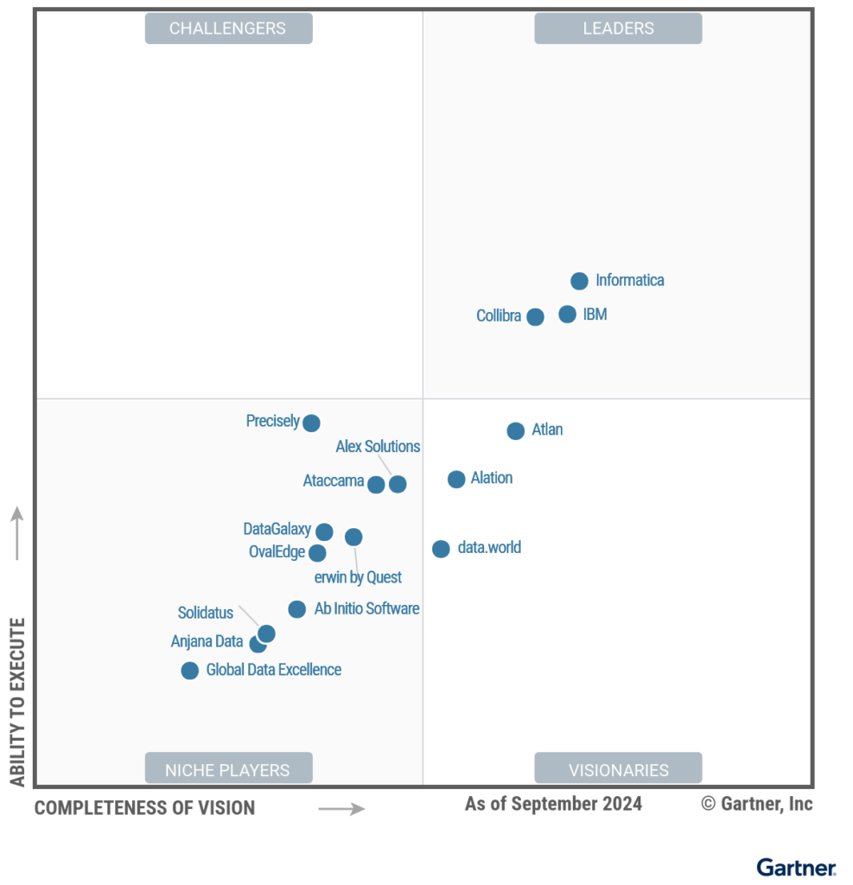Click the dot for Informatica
coord(579,281)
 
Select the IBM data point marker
coord(567,315)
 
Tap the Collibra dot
coord(535,316)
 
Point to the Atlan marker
coord(515,430)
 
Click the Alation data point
coord(456,479)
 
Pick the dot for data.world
coord(441,548)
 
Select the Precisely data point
coord(311,423)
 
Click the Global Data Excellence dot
coord(189,671)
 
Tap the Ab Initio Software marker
coord(296,609)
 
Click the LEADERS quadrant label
coord(618,29)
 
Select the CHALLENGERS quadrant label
coord(227,29)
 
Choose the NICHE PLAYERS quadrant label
coord(227,768)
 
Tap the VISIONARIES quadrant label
coord(618,768)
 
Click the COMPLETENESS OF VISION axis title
coord(144,808)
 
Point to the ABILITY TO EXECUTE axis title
coord(18,701)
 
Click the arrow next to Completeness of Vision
coord(341,809)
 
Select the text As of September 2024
coord(553,804)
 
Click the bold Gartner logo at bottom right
coord(796,867)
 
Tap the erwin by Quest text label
coord(358,577)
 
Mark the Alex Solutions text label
coord(378,447)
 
